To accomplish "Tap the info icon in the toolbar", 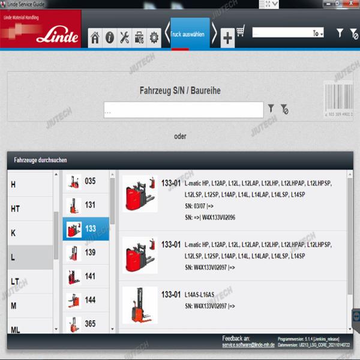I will [x=110, y=38].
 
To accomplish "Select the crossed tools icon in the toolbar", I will [x=124, y=38].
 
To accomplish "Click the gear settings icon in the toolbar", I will [x=154, y=38].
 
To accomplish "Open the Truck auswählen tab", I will [x=188, y=35].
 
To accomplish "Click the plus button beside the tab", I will [x=227, y=38].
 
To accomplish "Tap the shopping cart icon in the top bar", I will [x=241, y=32].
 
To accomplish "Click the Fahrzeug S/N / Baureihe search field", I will [x=183, y=110].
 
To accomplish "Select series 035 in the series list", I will [x=86, y=181].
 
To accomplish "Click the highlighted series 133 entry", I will [x=86, y=229].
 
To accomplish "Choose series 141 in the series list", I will [x=86, y=277].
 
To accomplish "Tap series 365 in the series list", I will [x=86, y=323].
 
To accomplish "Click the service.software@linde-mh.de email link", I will [x=247, y=346].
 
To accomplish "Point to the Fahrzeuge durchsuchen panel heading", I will [x=40, y=160].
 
